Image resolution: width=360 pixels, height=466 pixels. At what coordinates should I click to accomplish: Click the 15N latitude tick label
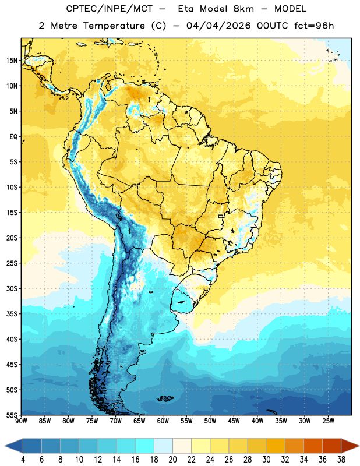tap(12, 61)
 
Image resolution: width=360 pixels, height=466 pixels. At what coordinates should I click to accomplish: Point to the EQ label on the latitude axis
tap(13, 137)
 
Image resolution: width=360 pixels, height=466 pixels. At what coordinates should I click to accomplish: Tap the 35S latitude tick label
tap(12, 314)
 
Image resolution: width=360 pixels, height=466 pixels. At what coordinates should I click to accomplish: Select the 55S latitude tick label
tap(12, 415)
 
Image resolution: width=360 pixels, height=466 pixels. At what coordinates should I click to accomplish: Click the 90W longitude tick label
tap(21, 421)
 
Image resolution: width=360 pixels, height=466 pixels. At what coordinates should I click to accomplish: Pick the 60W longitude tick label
tap(163, 421)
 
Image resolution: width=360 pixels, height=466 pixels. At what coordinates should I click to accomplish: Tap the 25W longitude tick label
tap(328, 421)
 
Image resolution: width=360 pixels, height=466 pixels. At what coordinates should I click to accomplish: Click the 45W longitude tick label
tap(234, 421)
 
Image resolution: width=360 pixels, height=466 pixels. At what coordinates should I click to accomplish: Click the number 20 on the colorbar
tap(172, 460)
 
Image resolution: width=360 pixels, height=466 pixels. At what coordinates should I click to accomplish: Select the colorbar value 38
tap(341, 460)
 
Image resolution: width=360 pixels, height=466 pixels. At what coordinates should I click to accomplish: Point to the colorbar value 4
tap(23, 460)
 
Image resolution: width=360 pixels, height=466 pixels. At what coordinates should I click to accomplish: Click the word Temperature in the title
tap(114, 26)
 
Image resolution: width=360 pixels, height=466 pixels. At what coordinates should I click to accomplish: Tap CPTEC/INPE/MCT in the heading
tap(109, 9)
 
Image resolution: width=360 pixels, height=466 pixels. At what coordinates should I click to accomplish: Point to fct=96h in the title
tap(314, 26)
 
